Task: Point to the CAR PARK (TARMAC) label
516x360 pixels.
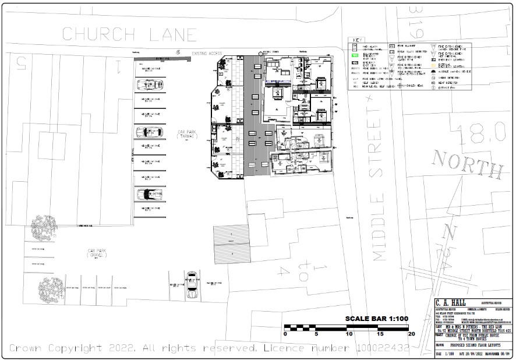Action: click(188, 134)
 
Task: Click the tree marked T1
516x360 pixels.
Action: click(44, 228)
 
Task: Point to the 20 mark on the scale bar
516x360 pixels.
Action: click(412, 334)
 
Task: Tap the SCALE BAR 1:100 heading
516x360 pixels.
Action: click(377, 319)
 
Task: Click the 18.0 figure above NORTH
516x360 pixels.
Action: click(481, 134)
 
